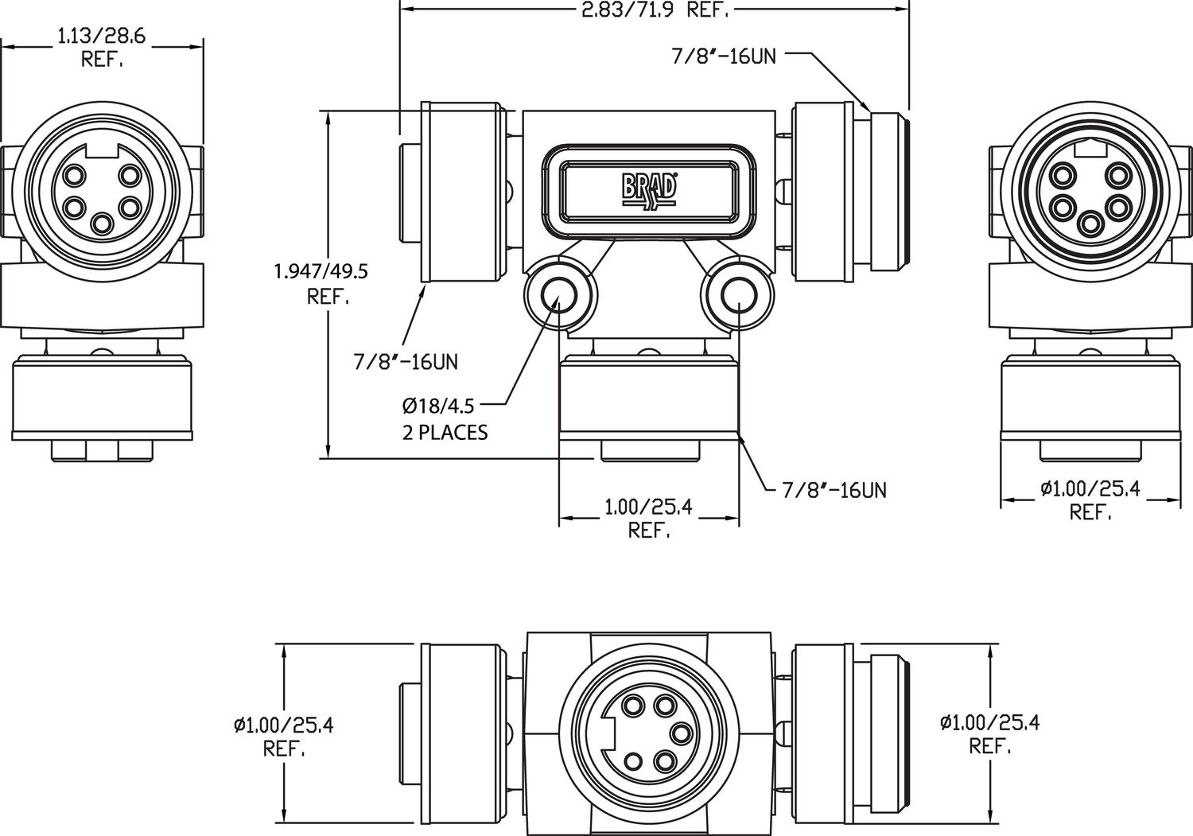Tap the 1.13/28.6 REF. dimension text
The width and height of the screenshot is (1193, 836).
(103, 47)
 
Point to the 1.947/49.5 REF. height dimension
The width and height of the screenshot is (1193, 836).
(321, 283)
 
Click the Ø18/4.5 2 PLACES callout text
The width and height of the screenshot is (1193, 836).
(445, 418)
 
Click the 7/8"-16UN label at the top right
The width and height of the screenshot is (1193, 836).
(723, 56)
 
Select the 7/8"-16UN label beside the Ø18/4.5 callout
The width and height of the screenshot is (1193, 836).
(406, 362)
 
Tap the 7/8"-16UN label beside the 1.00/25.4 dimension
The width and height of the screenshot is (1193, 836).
(834, 490)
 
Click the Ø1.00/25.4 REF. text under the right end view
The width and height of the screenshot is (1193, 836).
(1090, 500)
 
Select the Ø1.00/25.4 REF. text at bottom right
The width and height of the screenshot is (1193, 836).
(989, 733)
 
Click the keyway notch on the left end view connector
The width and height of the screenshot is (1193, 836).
(101, 150)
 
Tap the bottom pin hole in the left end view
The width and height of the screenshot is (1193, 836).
(101, 223)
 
